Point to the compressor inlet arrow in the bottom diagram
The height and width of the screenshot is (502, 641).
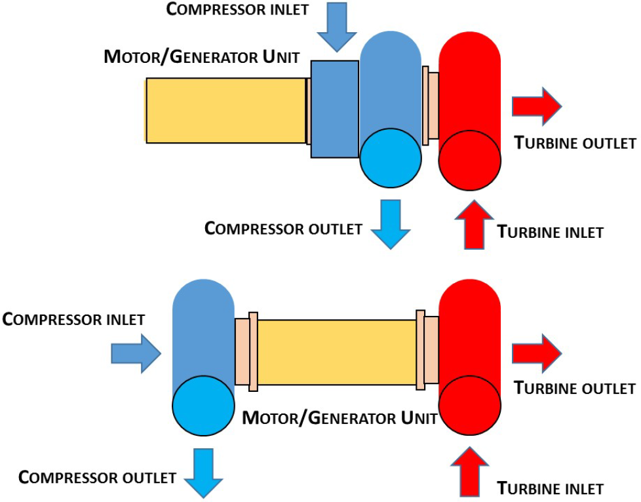pos(136,355)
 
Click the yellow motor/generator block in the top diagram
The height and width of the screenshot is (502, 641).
pos(226,110)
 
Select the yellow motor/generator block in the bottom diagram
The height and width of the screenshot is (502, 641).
pos(337,353)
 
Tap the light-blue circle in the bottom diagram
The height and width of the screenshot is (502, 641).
pos(203,407)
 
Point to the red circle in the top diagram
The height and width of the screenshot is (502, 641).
pos(470,161)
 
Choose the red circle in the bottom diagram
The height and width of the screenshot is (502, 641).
pos(470,408)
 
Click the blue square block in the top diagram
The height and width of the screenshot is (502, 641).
pos(334,109)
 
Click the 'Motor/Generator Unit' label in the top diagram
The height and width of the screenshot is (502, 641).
pos(202,57)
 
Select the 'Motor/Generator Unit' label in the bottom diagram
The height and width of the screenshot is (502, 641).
pos(340,417)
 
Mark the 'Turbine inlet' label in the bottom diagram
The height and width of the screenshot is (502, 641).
pos(550,488)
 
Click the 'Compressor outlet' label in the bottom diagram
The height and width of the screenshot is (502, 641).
pos(98,476)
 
